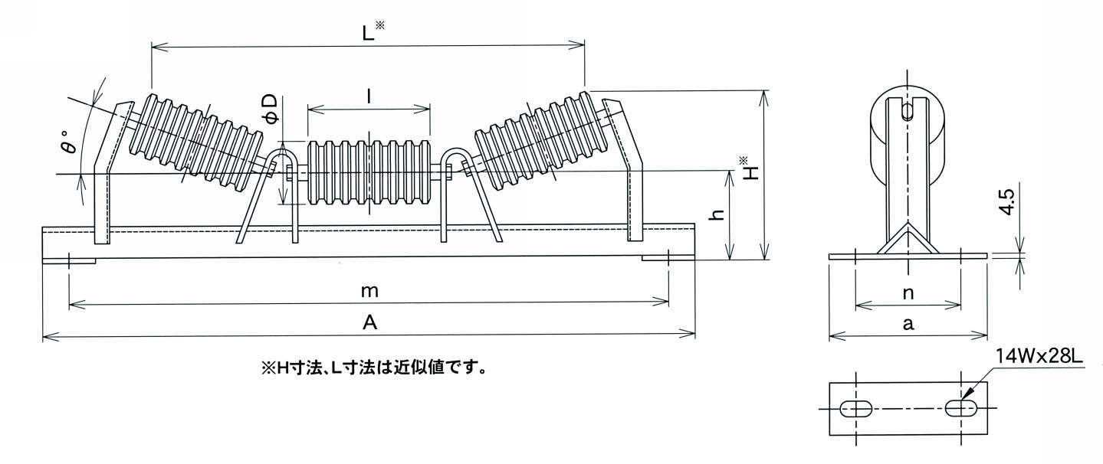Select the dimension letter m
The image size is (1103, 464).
pyautogui.click(x=369, y=292)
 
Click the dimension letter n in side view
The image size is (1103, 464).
pyautogui.click(x=908, y=292)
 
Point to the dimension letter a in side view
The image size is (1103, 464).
pyautogui.click(x=908, y=324)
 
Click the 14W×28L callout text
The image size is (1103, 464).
pyautogui.click(x=1038, y=356)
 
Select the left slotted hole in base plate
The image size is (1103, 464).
pyautogui.click(x=856, y=409)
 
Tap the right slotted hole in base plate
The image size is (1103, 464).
pyautogui.click(x=960, y=408)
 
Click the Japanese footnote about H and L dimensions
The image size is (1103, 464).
pyautogui.click(x=375, y=368)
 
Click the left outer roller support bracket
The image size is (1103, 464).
pyautogui.click(x=107, y=172)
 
